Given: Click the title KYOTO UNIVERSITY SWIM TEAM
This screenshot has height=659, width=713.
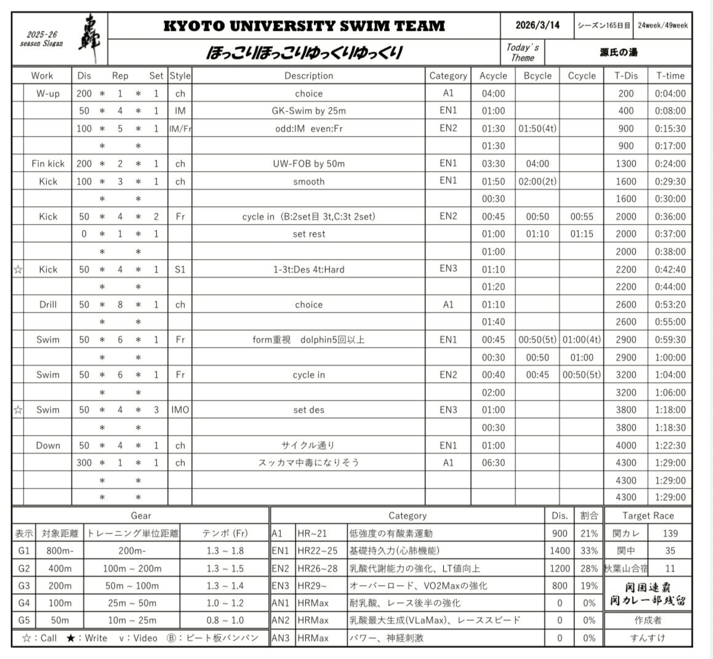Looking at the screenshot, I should pyautogui.click(x=304, y=26).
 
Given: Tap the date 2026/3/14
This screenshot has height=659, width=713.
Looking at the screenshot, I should pyautogui.click(x=538, y=25).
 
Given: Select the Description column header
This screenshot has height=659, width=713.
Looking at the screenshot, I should pyautogui.click(x=308, y=76).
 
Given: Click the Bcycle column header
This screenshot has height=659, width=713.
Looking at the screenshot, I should pyautogui.click(x=538, y=76).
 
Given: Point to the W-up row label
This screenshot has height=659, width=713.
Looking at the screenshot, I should pyautogui.click(x=48, y=94).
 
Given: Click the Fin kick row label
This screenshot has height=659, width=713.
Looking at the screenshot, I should pyautogui.click(x=48, y=164).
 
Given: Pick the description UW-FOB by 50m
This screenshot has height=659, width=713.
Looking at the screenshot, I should pyautogui.click(x=308, y=164).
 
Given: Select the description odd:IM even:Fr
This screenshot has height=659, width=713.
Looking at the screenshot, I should pyautogui.click(x=308, y=129).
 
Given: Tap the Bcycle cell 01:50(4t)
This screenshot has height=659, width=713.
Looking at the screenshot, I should pyautogui.click(x=538, y=129).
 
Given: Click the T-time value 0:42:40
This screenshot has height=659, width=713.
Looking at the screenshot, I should pyautogui.click(x=670, y=270).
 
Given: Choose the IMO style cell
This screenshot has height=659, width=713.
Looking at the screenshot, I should pyautogui.click(x=180, y=410).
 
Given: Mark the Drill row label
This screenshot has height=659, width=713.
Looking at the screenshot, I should pyautogui.click(x=48, y=305).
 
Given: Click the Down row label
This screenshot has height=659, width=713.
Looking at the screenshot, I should pyautogui.click(x=48, y=445).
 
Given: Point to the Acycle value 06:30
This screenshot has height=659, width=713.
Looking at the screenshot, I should pyautogui.click(x=493, y=463).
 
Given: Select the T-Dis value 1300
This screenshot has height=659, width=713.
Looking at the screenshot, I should pyautogui.click(x=626, y=164).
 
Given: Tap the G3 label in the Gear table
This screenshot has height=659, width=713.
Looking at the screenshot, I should pyautogui.click(x=24, y=586).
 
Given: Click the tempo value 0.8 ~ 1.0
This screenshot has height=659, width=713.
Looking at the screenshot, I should pyautogui.click(x=225, y=620).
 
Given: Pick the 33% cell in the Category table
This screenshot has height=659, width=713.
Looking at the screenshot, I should pyautogui.click(x=589, y=551).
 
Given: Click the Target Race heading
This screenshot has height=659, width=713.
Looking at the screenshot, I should pyautogui.click(x=648, y=516).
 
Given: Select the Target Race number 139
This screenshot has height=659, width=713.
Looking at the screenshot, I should pyautogui.click(x=670, y=533).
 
